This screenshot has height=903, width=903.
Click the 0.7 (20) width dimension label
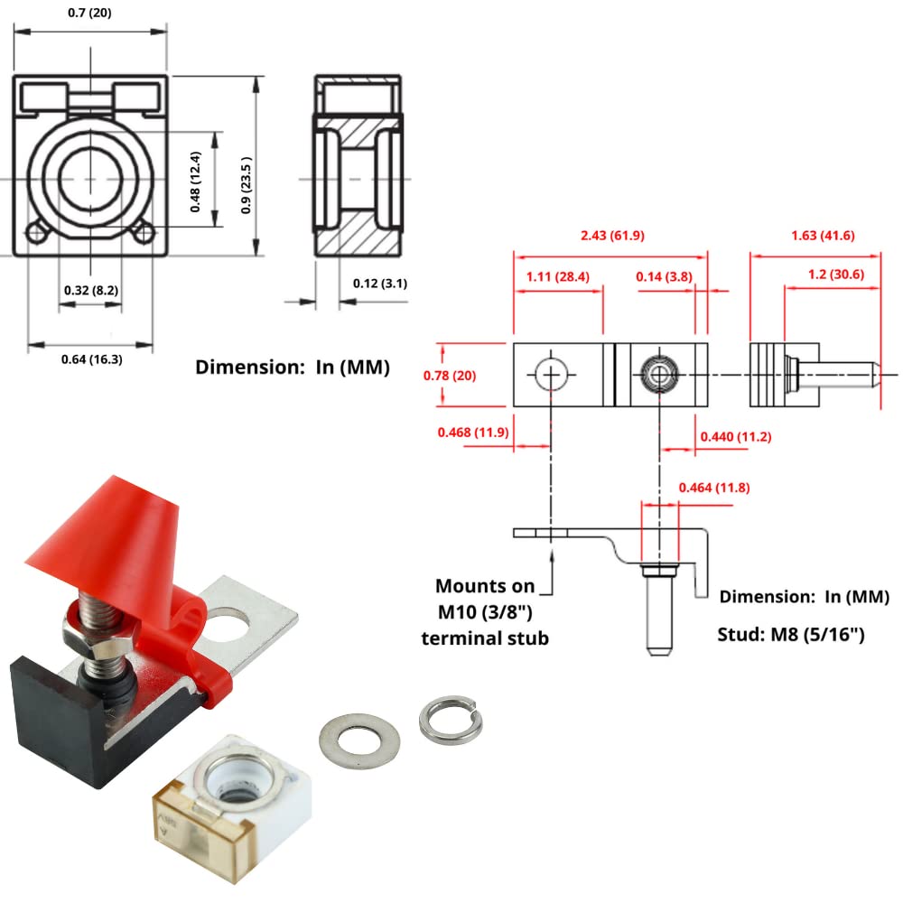click(x=90, y=14)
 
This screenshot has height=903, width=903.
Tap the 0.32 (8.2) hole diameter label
click(x=91, y=290)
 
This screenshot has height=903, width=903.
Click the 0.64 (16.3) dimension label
click(x=91, y=359)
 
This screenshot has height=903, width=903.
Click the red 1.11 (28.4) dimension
click(x=556, y=276)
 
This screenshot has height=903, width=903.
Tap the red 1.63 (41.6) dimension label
click(x=815, y=237)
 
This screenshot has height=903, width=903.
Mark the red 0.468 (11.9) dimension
click(x=473, y=433)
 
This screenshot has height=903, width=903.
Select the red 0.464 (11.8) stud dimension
click(x=713, y=489)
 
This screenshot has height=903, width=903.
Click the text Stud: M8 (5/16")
click(x=792, y=635)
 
